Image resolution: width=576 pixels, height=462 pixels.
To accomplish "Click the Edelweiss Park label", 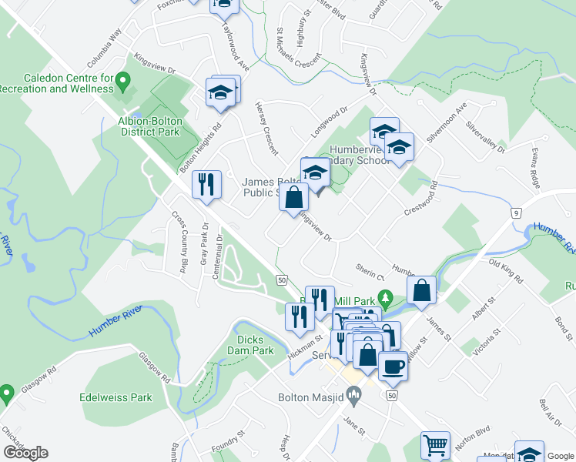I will point(116,397).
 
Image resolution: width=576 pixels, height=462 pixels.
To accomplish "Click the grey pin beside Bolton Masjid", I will point(355,397).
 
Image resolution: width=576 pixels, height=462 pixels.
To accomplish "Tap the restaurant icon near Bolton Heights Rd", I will point(206,186).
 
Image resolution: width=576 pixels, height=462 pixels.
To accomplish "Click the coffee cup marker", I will point(393,367).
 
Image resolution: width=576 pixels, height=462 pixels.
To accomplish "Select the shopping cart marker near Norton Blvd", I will point(435,446).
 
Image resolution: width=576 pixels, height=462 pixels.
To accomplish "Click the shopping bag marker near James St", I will point(421,292).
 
